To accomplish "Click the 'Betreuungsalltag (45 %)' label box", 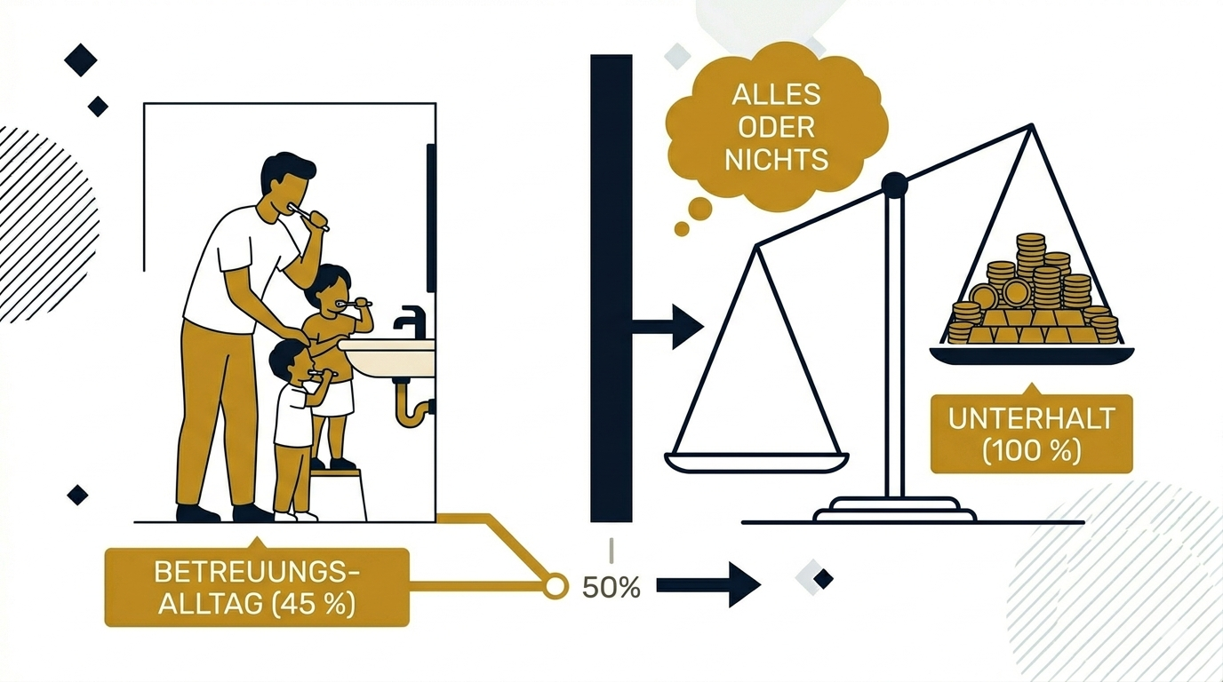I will (256, 587).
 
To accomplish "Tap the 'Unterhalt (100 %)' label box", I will (1031, 434).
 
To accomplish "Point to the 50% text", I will (611, 587).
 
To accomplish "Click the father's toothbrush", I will (314, 217).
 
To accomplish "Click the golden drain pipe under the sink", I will (411, 406).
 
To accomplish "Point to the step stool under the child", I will (340, 493).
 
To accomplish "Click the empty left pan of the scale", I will (756, 462).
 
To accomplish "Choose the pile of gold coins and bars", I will (1031, 297).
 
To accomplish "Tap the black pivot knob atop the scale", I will (893, 185).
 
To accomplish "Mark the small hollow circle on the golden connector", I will (556, 586).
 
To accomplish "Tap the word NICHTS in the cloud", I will (776, 159).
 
